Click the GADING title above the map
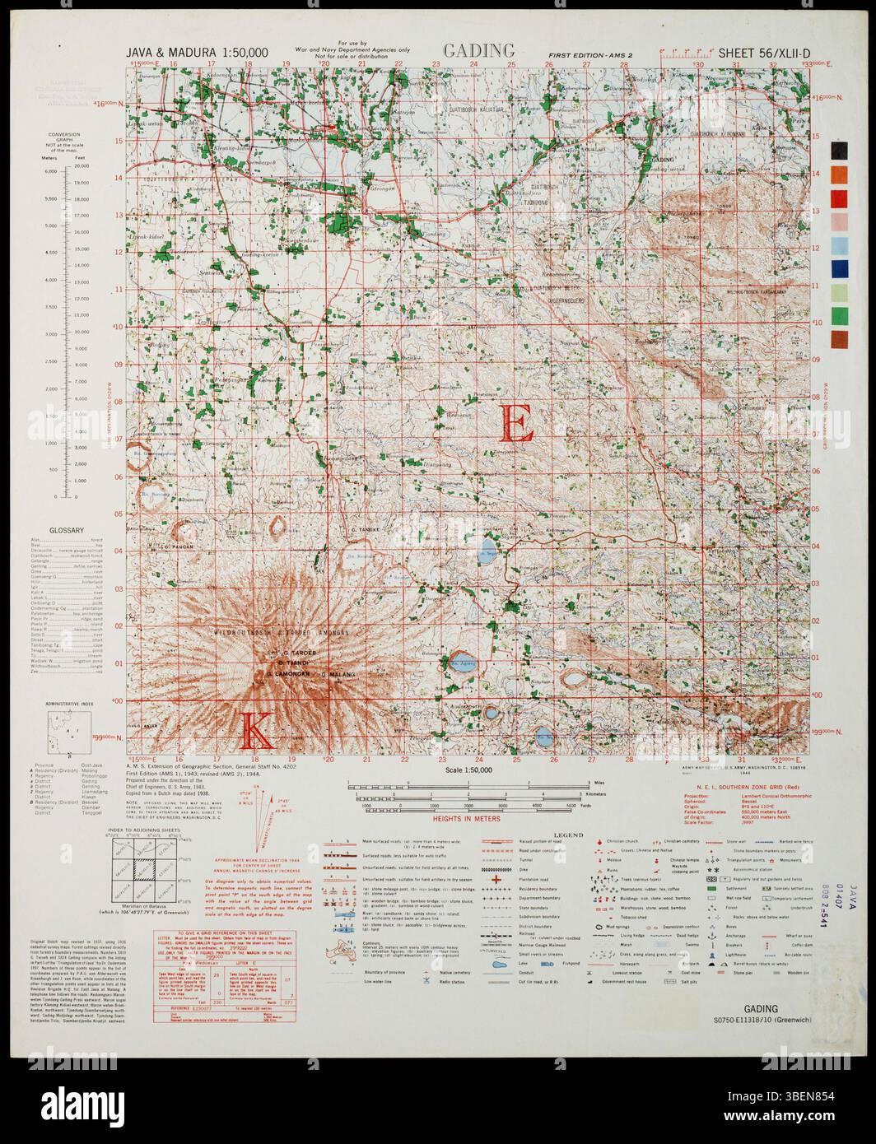pyautogui.click(x=478, y=50)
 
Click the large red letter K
pyautogui.click(x=256, y=729)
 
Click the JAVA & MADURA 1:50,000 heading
pyautogui.click(x=198, y=53)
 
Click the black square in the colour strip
pyautogui.click(x=839, y=150)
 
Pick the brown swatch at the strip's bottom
pyautogui.click(x=839, y=339)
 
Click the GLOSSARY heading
pyautogui.click(x=68, y=531)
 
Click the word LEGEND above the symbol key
pyautogui.click(x=567, y=835)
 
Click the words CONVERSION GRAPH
pyautogui.click(x=63, y=137)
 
